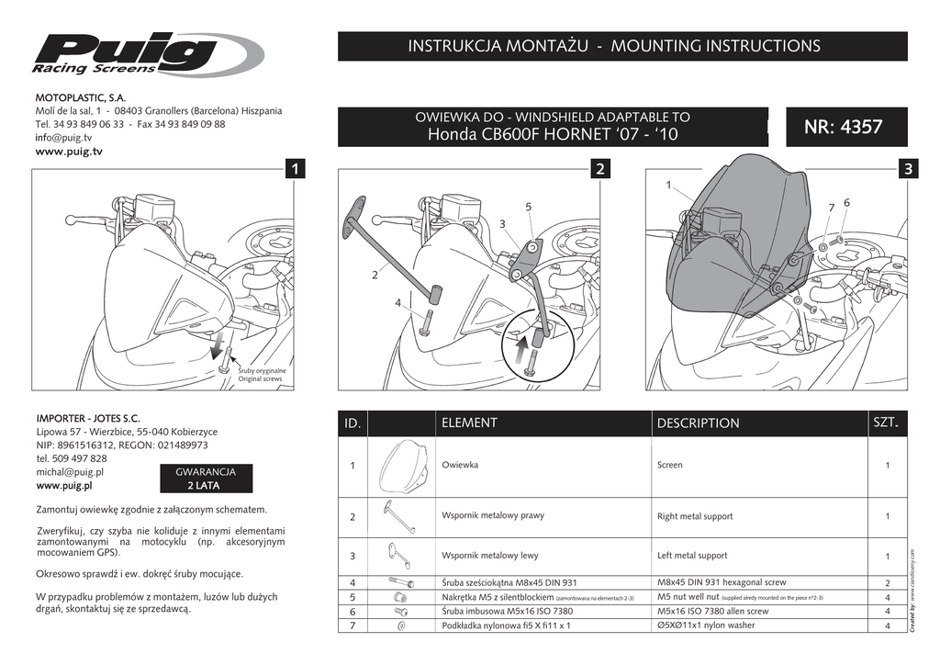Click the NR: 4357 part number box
pos(843,127)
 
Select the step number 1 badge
pos(294,170)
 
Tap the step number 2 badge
pos(600,170)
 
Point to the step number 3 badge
pos(906,170)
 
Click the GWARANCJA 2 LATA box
pos(206,479)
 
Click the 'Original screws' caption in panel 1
pos(263,375)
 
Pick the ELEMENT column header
pos(469,423)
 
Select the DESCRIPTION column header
pos(698,423)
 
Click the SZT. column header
pos(885,423)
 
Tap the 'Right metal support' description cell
pos(695,516)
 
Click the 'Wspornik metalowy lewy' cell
pos(490,555)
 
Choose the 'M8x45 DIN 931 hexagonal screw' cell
pos(722,582)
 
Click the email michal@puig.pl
pos(70,472)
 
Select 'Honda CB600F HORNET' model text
pos(552,134)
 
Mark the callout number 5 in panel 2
pos(529,208)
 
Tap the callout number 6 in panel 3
pos(846,202)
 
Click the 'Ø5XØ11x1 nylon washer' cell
pos(706,625)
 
